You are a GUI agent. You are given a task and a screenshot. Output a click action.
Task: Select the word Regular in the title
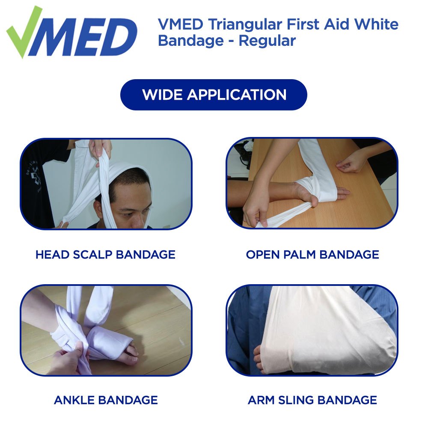(x=267, y=41)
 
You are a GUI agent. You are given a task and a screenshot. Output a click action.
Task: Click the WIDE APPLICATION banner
(x=214, y=95)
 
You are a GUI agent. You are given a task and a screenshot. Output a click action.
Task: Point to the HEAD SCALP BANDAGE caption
(x=105, y=255)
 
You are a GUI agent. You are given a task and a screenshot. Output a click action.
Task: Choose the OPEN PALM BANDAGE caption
(x=312, y=255)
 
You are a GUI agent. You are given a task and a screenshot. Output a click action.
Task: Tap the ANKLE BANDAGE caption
(x=106, y=400)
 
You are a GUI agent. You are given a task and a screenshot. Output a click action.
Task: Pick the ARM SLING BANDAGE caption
(x=312, y=400)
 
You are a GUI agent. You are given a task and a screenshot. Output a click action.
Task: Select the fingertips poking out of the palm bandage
(x=342, y=192)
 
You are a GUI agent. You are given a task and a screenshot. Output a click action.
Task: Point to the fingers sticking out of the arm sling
(x=258, y=359)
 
